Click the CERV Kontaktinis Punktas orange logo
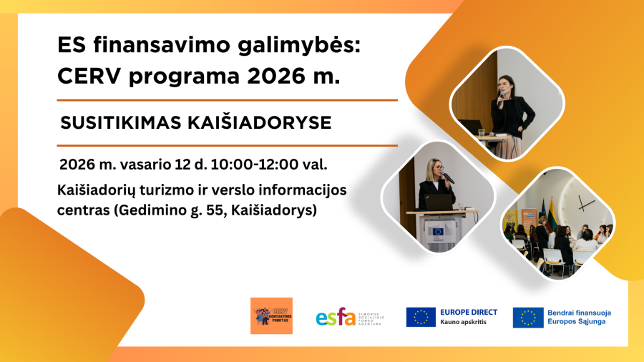point(272,315)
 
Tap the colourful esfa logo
point(336,316)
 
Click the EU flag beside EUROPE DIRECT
point(421,317)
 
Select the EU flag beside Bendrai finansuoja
point(528,317)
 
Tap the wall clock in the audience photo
point(585,202)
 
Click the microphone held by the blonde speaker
point(448,177)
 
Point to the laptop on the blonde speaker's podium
point(438,202)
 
